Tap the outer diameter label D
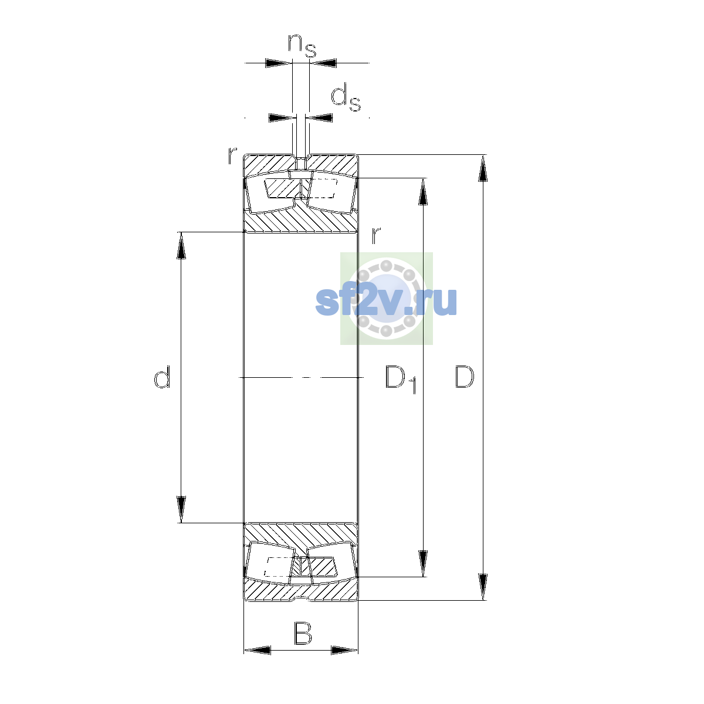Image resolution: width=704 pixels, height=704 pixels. pyautogui.click(x=464, y=377)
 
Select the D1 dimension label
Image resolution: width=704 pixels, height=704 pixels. pyautogui.click(x=401, y=379)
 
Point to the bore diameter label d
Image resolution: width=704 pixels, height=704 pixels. pyautogui.click(x=162, y=377)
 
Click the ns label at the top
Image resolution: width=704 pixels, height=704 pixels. pyautogui.click(x=302, y=46)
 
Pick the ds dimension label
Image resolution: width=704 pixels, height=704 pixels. pyautogui.click(x=346, y=97)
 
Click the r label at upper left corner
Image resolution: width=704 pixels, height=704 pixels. pyautogui.click(x=232, y=155)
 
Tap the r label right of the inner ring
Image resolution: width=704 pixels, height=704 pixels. pyautogui.click(x=376, y=235)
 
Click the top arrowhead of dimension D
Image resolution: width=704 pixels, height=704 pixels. pyautogui.click(x=483, y=168)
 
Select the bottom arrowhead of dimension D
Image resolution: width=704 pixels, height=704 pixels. pyautogui.click(x=483, y=587)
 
